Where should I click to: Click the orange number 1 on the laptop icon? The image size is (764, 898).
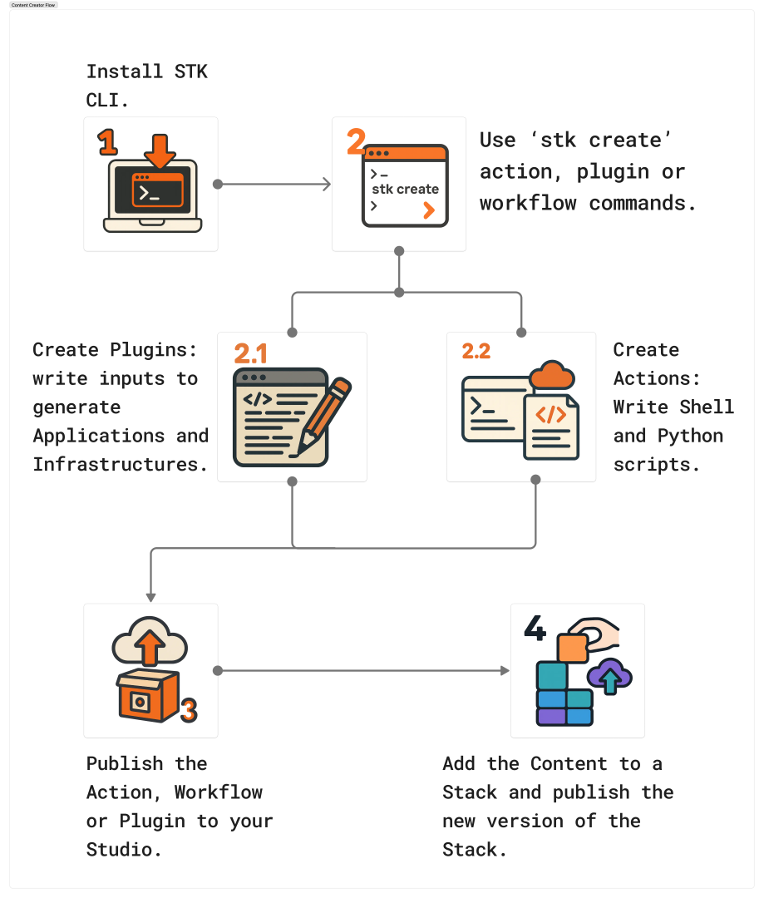point(107,142)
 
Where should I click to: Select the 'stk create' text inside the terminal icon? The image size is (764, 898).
point(405,189)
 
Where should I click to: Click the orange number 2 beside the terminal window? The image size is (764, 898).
point(356,142)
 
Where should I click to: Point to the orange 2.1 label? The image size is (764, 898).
point(250,354)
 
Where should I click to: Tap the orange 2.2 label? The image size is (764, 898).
point(476,351)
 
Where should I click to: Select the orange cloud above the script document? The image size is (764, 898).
point(552,376)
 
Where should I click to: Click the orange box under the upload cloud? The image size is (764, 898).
point(147,694)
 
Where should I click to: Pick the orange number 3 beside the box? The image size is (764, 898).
point(189,710)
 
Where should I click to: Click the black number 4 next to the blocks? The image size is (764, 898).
point(535,629)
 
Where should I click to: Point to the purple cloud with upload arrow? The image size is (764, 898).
point(609,675)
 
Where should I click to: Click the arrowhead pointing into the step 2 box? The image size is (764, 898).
point(327,184)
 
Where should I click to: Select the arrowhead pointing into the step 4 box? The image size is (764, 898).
point(505,670)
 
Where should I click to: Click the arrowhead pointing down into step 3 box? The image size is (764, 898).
point(150,596)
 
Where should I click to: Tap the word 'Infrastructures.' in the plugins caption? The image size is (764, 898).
point(121,464)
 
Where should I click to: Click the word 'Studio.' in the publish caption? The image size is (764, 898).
point(124,850)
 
